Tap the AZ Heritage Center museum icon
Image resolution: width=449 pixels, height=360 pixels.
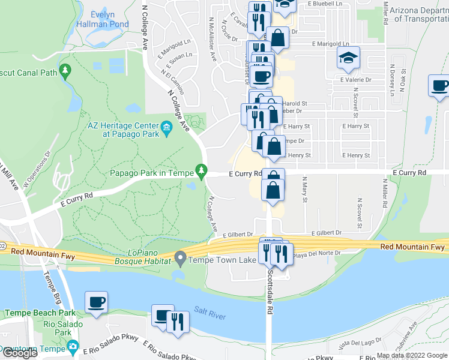coord(166,127)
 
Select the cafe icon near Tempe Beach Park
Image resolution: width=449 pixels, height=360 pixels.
coord(96,302)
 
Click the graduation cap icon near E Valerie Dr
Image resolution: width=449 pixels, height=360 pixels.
coord(348,58)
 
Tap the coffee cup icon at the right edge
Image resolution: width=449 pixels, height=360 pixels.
coord(440,85)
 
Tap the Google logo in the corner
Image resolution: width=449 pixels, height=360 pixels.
coord(20,353)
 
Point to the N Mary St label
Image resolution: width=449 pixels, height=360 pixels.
coord(304,189)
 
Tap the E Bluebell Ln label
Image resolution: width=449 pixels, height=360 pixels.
coord(328,4)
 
